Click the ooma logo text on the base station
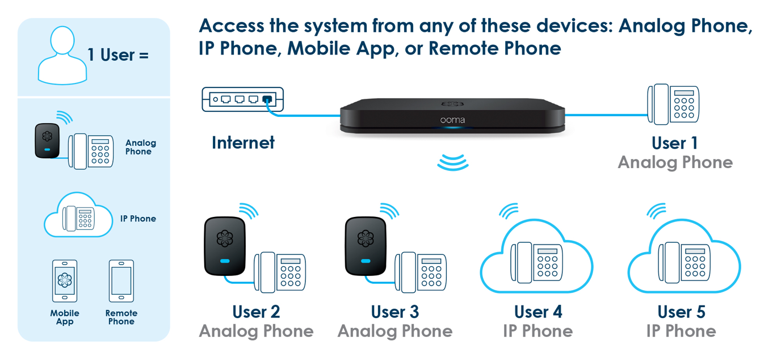click(x=452, y=120)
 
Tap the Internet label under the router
click(x=243, y=143)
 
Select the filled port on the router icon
click(x=267, y=99)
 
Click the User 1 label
click(x=675, y=143)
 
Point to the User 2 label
click(x=257, y=312)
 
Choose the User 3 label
click(x=394, y=312)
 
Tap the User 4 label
click(x=538, y=312)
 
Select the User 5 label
click(x=681, y=312)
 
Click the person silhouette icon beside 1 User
click(x=62, y=55)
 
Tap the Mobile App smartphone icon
click(x=65, y=281)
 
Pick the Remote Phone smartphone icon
click(x=121, y=281)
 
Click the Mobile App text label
click(x=65, y=317)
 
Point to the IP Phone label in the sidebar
click(x=138, y=219)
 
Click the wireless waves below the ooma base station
click(x=452, y=162)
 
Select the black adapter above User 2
click(x=225, y=246)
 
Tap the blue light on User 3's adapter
click(x=366, y=261)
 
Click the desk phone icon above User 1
click(x=673, y=104)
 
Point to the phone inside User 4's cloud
click(x=536, y=262)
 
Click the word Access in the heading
click(x=232, y=26)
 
